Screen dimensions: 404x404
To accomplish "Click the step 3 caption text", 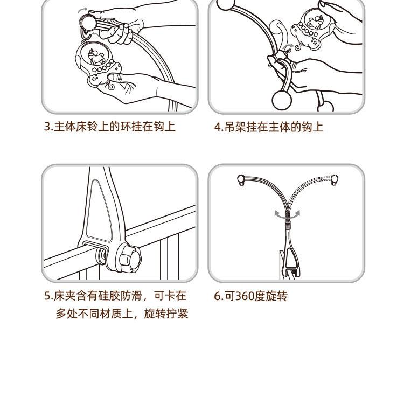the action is (110, 127).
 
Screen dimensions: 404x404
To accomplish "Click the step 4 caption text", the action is (269, 127).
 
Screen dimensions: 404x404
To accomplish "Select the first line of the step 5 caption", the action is (115, 296).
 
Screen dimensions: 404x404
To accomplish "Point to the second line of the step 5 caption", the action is (122, 314).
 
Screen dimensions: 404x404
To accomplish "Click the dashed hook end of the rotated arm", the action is (334, 180).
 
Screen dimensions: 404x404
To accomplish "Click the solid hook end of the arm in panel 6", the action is (241, 180).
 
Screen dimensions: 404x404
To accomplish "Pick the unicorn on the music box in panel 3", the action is (95, 56).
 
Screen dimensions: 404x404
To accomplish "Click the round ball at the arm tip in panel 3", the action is (88, 23).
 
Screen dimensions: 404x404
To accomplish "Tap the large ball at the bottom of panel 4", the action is (282, 100).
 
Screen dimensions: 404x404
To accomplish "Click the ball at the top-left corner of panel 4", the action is (226, 4).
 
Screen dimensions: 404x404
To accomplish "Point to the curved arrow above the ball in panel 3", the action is (82, 10).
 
